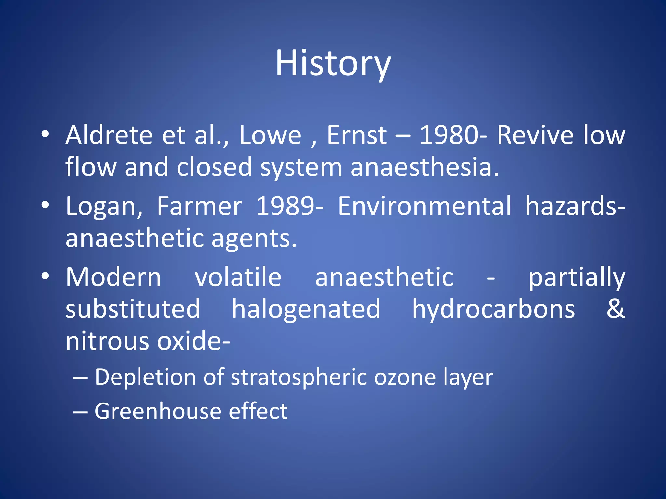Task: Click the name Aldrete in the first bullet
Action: click(109, 135)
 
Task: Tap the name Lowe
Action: click(270, 135)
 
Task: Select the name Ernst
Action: click(357, 135)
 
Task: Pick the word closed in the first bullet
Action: click(214, 167)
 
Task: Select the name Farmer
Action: click(199, 206)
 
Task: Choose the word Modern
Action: click(113, 277)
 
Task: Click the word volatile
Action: click(238, 277)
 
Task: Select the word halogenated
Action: click(306, 309)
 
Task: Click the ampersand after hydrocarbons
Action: click(616, 309)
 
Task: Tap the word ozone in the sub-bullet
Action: click(405, 377)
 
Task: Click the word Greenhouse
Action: click(157, 411)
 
